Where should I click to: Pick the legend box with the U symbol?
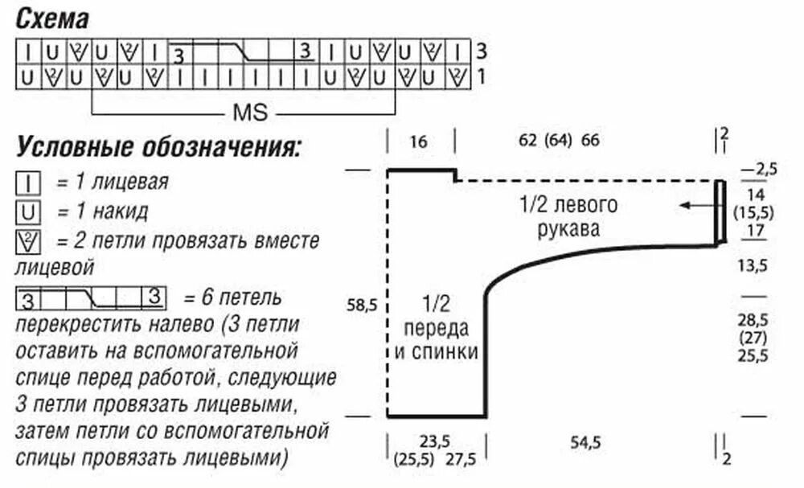pos(28,213)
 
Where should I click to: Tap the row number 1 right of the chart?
pos(481,77)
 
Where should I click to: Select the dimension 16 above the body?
pos(418,142)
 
